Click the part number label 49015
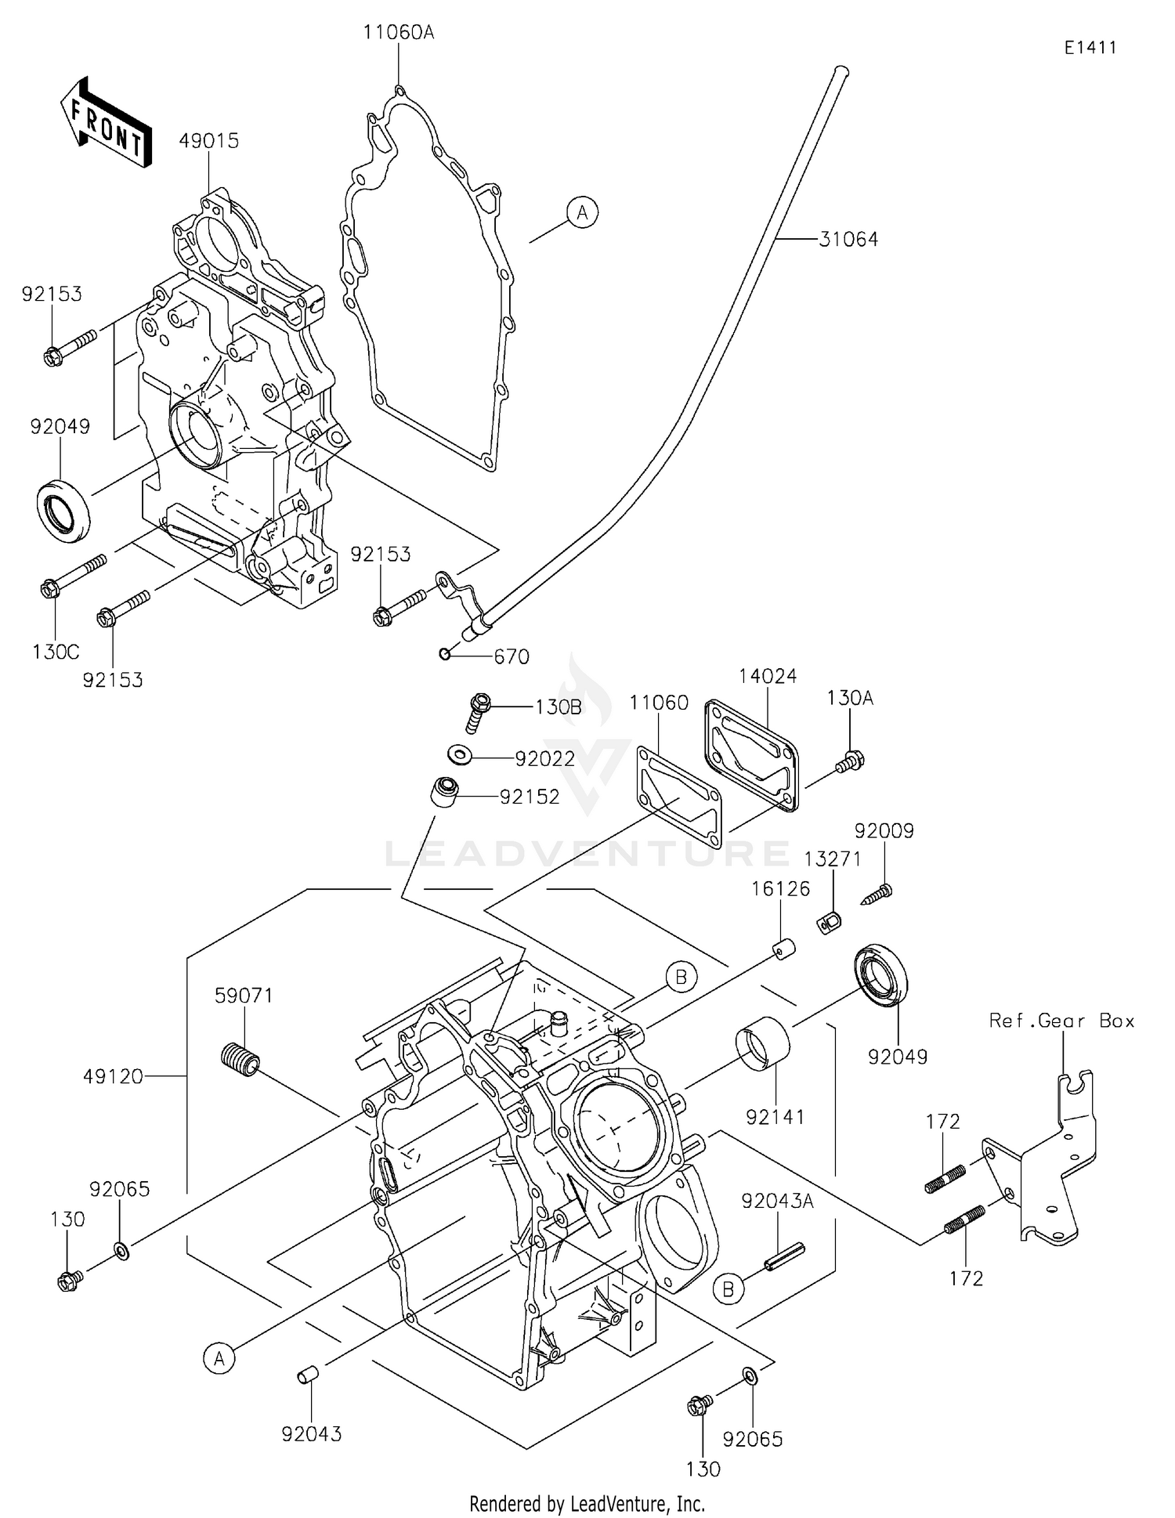[208, 141]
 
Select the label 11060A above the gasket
[398, 33]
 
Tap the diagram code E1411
[1090, 48]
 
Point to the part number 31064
[848, 240]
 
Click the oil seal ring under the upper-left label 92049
[63, 510]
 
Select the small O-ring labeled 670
[445, 654]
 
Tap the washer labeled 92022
[459, 755]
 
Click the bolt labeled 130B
[478, 711]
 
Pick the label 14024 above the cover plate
[768, 676]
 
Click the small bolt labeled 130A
[851, 760]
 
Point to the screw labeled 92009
[877, 894]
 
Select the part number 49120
[114, 1077]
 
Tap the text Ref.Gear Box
[1061, 1021]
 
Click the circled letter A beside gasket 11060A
[582, 212]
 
